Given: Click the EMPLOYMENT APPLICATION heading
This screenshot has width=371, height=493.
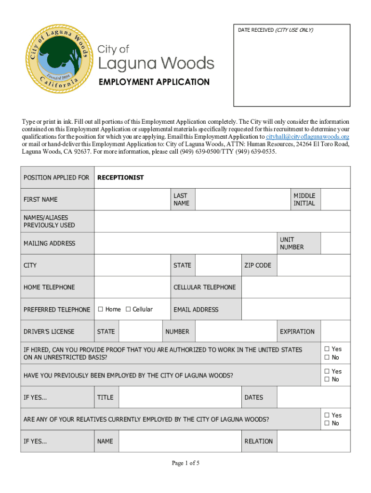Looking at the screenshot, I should tap(154, 82).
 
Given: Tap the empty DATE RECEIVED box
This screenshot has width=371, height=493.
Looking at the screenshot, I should tap(291, 70).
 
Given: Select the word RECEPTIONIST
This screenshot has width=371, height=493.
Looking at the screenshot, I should tap(120, 178).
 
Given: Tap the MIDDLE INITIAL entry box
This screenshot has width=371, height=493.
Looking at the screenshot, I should tap(335, 199).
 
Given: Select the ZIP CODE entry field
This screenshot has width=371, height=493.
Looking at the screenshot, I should tap(313, 265).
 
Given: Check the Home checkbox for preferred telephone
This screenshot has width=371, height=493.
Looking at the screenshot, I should tap(101, 310).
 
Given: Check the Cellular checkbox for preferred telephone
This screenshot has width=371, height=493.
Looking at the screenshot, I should tap(128, 310).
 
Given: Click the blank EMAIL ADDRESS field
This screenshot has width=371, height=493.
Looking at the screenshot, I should tap(295, 310).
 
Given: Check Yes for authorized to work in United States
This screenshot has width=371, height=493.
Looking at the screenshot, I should tap(327, 349).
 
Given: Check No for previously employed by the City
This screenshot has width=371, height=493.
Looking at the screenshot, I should tap(327, 380).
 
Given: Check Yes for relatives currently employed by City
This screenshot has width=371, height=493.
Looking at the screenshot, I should tap(327, 415).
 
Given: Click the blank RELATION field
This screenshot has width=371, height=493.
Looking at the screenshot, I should tap(313, 441).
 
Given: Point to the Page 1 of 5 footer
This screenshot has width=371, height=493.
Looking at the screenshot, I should tap(185, 463).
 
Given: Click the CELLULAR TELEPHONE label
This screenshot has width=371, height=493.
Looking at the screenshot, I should tap(204, 287).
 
